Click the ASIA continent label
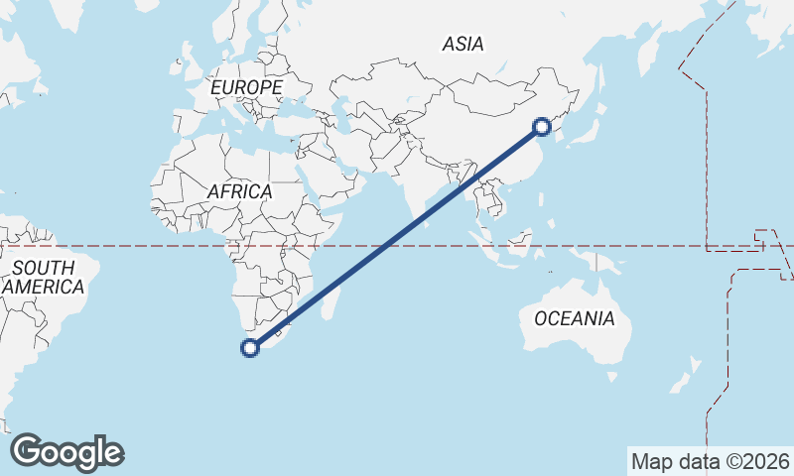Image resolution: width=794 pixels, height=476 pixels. coord(463,44)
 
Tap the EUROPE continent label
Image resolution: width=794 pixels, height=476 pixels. coord(246,87)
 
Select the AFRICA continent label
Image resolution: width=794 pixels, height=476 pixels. coord(239,191)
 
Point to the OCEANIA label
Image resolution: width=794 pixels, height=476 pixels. coord(574,319)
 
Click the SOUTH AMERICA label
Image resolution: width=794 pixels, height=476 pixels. coord(43,277)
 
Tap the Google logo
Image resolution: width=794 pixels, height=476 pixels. coord(66,452)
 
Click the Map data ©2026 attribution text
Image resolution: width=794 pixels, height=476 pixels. coord(711,461)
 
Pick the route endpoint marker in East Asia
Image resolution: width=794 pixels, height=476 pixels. coord(542,126)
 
